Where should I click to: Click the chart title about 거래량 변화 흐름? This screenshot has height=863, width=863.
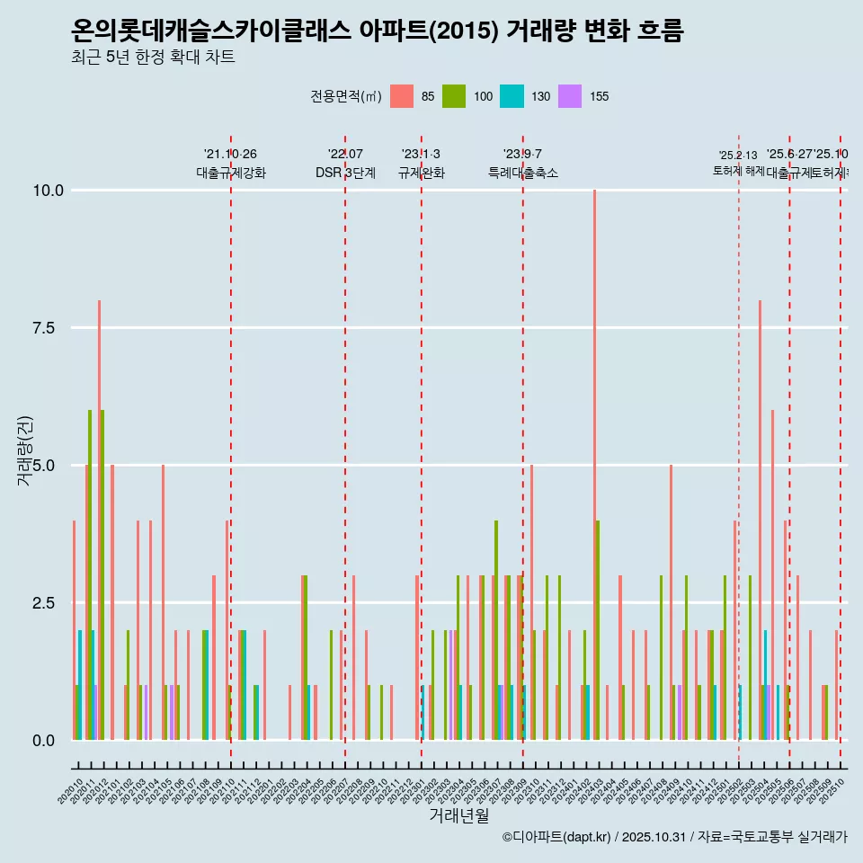click(378, 31)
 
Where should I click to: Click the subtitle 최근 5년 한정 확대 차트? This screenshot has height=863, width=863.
click(153, 58)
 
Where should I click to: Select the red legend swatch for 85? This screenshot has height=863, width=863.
click(402, 96)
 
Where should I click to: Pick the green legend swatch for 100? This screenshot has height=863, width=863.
click(454, 96)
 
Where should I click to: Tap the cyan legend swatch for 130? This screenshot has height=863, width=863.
click(512, 96)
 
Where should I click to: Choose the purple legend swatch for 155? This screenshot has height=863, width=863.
click(569, 96)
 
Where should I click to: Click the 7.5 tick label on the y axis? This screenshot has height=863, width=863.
click(49, 328)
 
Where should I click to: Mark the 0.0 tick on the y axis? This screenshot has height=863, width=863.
click(49, 740)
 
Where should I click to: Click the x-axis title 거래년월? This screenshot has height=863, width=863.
click(458, 815)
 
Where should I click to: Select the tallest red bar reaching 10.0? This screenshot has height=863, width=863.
click(594, 449)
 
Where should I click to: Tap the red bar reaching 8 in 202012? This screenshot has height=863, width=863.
click(99, 521)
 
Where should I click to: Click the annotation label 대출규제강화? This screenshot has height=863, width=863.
click(231, 173)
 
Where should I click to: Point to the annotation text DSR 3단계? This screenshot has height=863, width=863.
click(345, 173)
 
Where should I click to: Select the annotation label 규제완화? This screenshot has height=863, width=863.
click(421, 173)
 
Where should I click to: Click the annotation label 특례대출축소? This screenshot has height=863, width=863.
click(522, 173)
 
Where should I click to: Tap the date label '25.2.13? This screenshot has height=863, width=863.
click(737, 155)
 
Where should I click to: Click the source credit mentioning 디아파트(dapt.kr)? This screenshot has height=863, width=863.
click(674, 837)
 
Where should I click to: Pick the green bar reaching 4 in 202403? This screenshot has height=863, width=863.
click(598, 629)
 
